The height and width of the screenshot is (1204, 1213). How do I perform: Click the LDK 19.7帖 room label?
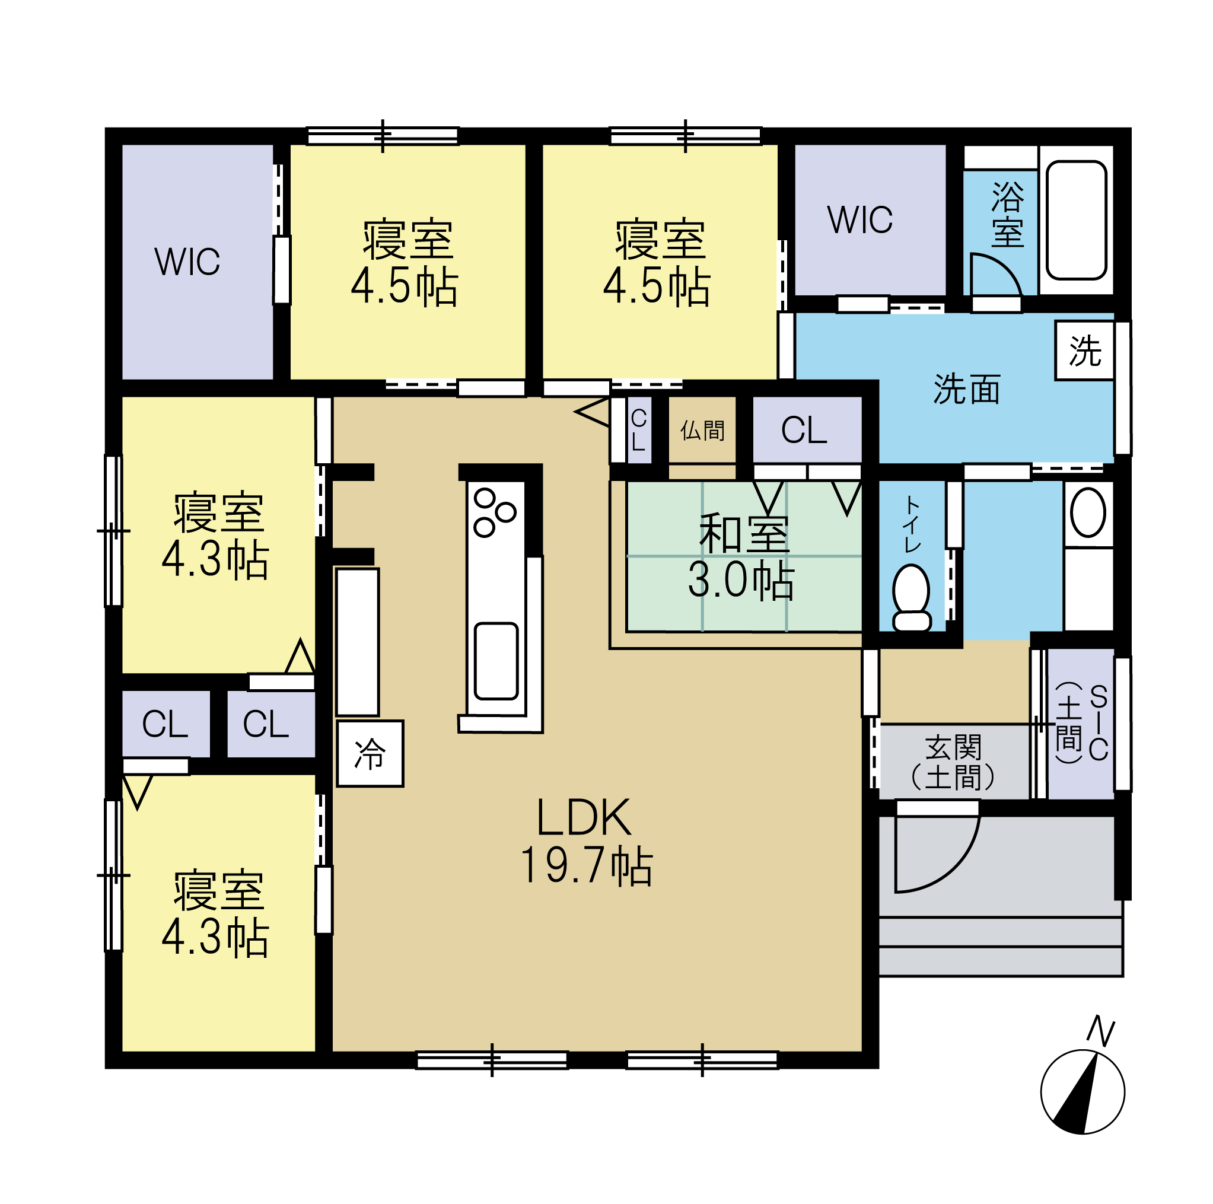point(587,841)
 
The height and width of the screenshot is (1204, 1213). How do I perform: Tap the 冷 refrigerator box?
point(370,753)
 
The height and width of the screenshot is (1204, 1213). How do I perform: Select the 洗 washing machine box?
point(1085,351)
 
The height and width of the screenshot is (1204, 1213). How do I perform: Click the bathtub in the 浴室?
point(1076,219)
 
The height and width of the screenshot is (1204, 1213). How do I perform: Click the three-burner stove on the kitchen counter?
point(495,512)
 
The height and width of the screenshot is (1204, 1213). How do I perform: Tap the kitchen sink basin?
point(496,661)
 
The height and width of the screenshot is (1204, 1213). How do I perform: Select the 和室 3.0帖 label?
point(743,556)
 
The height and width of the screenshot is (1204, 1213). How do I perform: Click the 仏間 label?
point(702,431)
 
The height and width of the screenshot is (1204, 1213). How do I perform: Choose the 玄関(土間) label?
point(953,763)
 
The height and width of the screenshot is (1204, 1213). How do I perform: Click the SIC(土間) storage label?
point(1082,723)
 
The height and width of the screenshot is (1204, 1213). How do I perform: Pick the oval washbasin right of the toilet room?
point(1088,512)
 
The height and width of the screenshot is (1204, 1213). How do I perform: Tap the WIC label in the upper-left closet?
point(187,262)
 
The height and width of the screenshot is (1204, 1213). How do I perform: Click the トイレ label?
point(912,525)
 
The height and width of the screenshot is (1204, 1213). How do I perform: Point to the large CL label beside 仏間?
point(804,430)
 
